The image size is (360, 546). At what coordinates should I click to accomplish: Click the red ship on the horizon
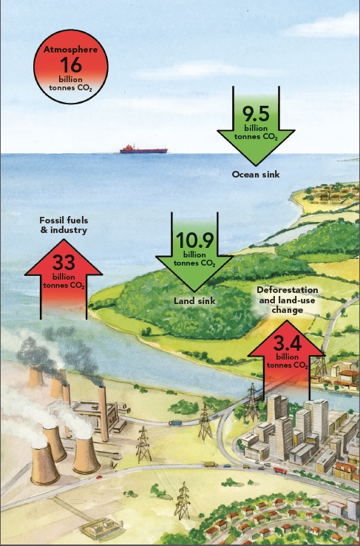click(143, 149)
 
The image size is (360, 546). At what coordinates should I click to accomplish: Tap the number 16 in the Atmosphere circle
click(71, 65)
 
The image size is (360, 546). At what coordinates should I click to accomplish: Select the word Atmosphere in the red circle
click(71, 50)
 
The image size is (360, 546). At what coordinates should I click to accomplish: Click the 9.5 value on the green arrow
click(256, 113)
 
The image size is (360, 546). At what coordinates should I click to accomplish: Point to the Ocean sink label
click(256, 174)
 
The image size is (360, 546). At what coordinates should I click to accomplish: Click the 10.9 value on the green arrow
click(194, 240)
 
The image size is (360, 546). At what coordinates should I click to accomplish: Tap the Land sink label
click(194, 300)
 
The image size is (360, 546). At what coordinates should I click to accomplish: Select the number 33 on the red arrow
click(64, 262)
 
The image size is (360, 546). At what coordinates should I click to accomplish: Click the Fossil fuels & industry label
click(64, 225)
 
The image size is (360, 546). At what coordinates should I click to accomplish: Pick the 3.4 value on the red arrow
click(287, 344)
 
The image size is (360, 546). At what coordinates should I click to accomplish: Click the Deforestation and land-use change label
click(288, 300)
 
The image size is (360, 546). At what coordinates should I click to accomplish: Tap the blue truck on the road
click(175, 422)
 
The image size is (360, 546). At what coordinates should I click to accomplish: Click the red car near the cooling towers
click(99, 477)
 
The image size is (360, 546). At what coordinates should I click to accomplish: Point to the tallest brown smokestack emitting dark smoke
click(103, 414)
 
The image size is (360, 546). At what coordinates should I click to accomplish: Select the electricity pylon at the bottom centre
click(183, 501)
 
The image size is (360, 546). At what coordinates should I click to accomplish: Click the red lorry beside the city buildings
click(280, 471)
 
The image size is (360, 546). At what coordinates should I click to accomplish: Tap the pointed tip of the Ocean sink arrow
click(256, 166)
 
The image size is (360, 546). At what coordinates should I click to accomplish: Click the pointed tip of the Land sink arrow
click(194, 291)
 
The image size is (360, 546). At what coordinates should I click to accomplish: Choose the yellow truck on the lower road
click(210, 464)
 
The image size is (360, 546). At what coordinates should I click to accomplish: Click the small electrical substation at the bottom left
click(101, 528)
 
